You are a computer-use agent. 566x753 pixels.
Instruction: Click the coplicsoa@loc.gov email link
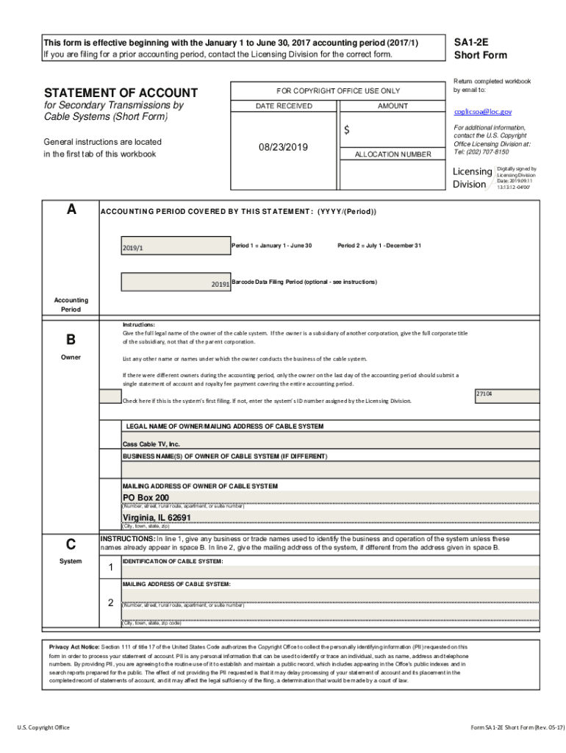[x=482, y=112]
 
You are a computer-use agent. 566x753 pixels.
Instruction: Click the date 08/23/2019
[x=284, y=147]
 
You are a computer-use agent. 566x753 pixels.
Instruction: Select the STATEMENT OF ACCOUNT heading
[x=121, y=93]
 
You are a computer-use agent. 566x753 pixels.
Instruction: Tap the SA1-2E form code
[x=471, y=43]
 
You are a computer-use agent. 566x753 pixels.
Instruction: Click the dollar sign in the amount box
[x=347, y=130]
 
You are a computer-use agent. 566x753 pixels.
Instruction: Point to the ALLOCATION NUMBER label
[x=393, y=154]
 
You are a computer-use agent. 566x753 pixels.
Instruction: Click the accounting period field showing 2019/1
[x=173, y=247]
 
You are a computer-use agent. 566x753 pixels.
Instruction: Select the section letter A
[x=71, y=210]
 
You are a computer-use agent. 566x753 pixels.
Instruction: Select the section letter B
[x=71, y=340]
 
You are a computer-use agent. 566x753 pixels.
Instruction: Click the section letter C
[x=71, y=544]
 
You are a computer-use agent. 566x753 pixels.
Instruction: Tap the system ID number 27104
[x=484, y=394]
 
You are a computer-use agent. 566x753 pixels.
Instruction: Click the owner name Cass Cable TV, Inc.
[x=151, y=444]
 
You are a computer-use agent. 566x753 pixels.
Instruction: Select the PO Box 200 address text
[x=146, y=498]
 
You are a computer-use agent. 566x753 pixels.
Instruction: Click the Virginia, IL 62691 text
[x=157, y=518]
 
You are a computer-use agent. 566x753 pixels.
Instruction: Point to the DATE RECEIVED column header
[x=284, y=106]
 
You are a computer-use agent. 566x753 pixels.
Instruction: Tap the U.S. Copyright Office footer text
[x=43, y=727]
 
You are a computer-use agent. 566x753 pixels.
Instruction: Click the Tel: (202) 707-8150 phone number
[x=481, y=151]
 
